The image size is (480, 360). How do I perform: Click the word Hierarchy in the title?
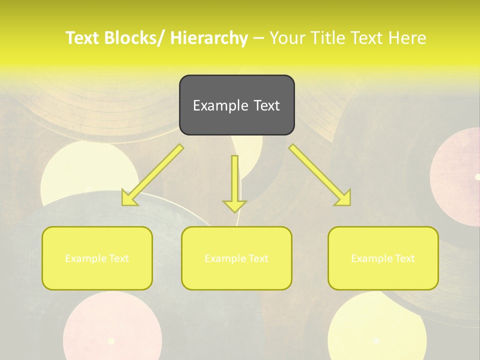click(x=209, y=38)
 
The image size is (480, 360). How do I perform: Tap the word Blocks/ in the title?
click(x=135, y=38)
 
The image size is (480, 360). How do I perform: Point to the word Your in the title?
click(x=286, y=38)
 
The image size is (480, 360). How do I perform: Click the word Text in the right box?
click(x=404, y=258)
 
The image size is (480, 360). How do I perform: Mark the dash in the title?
click(x=258, y=38)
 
